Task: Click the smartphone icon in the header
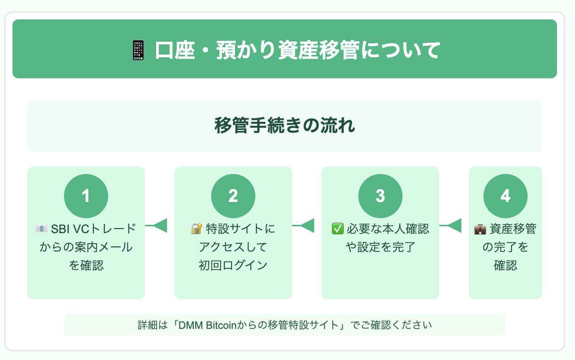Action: (138, 50)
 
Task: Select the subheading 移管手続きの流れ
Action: (285, 125)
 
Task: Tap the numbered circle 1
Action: (86, 196)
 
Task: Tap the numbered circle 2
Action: (233, 196)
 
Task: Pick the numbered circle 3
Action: (380, 196)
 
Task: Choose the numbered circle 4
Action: (505, 196)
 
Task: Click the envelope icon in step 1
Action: (42, 229)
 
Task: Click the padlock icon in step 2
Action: (196, 229)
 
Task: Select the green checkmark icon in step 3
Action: (337, 229)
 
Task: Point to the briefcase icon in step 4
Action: (480, 229)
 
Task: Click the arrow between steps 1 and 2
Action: (156, 225)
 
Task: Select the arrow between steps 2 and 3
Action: (303, 225)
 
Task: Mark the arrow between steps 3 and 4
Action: (450, 225)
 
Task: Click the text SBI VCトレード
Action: (93, 229)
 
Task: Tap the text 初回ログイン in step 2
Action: (233, 265)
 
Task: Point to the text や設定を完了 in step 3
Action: (380, 247)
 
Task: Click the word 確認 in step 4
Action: (505, 265)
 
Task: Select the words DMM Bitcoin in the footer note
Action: (207, 325)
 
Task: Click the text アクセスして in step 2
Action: (233, 247)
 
